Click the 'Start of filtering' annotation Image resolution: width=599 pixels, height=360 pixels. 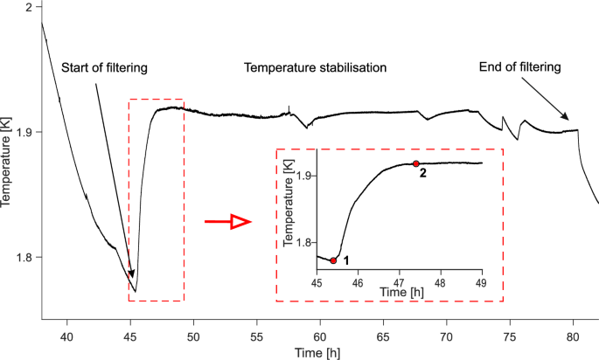[x=104, y=68]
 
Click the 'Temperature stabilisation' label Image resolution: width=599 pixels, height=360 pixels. [x=315, y=68]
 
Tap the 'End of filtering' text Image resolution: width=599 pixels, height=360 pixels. [x=519, y=67]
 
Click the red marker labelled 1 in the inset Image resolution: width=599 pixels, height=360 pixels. [x=333, y=260]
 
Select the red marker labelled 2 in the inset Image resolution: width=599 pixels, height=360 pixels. [x=415, y=163]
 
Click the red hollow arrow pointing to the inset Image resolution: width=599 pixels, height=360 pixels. [x=226, y=223]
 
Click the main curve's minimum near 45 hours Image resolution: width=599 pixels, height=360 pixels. [x=136, y=291]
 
